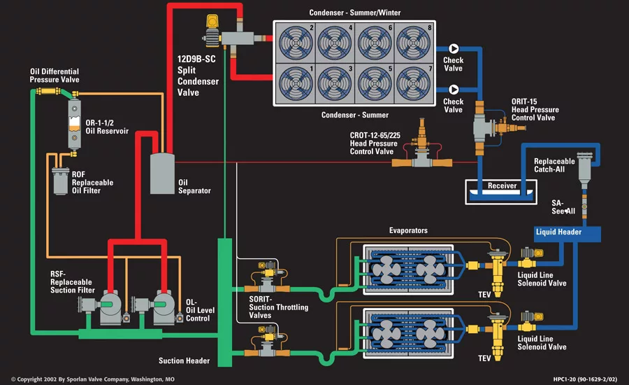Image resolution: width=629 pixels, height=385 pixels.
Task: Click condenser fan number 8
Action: (413, 43)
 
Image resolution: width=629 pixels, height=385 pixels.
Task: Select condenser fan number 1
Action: (296, 85)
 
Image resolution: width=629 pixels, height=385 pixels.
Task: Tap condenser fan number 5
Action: (374, 85)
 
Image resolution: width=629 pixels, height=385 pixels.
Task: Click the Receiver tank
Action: (502, 187)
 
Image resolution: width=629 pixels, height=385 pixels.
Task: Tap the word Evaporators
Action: (408, 230)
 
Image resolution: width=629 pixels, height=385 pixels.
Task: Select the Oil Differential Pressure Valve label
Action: (55, 76)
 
